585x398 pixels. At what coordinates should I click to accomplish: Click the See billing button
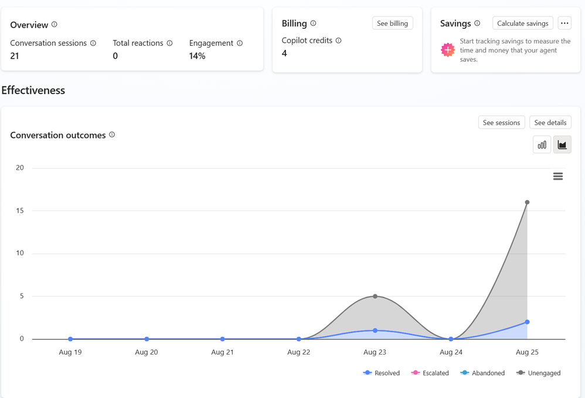[393, 23]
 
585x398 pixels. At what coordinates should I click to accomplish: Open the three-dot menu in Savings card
[564, 23]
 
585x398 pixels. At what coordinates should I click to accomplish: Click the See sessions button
[501, 123]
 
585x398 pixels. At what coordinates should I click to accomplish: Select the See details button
[550, 123]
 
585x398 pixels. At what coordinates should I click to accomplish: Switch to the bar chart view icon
[542, 144]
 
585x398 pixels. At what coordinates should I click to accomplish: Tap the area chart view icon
[562, 144]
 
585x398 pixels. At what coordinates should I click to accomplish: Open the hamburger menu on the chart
[558, 176]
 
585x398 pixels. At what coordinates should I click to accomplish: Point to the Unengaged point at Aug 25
[527, 202]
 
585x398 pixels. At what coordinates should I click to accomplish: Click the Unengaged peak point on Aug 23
[375, 296]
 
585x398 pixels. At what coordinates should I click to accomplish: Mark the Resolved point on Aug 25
[527, 322]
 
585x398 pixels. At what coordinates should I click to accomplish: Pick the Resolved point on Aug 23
[375, 330]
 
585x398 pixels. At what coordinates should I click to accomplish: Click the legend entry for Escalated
[430, 373]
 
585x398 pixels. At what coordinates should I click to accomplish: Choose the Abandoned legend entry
[482, 373]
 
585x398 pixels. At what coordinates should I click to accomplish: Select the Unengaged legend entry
[538, 373]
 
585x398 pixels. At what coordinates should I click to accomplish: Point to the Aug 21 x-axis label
[222, 352]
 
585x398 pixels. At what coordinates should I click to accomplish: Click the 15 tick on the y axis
[20, 210]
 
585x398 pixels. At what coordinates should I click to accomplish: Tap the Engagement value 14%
[197, 56]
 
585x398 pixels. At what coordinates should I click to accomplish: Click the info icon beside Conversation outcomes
[112, 134]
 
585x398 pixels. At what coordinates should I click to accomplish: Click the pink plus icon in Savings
[448, 50]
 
